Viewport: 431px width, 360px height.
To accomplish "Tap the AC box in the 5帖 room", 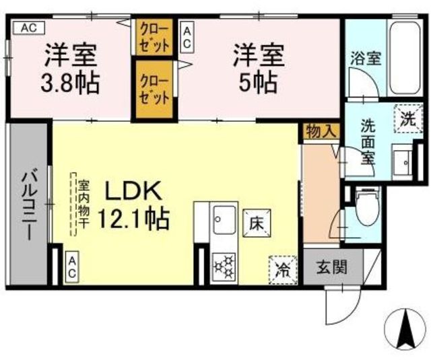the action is click(187, 39).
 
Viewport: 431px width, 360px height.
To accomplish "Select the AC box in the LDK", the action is click(72, 266).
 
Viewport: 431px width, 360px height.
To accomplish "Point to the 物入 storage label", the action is click(321, 131).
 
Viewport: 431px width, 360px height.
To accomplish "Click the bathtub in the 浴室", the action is click(405, 59).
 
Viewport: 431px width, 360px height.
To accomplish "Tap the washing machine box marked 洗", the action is click(408, 118).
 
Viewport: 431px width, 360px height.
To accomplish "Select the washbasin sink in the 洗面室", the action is click(403, 162).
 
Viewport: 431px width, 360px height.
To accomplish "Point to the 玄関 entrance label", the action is click(332, 267).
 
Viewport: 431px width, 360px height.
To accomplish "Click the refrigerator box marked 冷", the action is click(283, 270).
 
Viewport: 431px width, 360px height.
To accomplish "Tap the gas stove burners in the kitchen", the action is click(224, 267).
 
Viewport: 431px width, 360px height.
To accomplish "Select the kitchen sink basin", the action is click(224, 220).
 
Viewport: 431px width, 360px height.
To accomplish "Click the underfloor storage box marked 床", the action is click(257, 223).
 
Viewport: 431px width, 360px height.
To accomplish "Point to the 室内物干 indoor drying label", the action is click(83, 204).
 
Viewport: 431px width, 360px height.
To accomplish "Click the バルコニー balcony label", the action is click(28, 204).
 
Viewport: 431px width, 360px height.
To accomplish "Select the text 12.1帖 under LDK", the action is click(133, 219).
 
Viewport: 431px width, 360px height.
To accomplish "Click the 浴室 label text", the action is click(365, 59).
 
